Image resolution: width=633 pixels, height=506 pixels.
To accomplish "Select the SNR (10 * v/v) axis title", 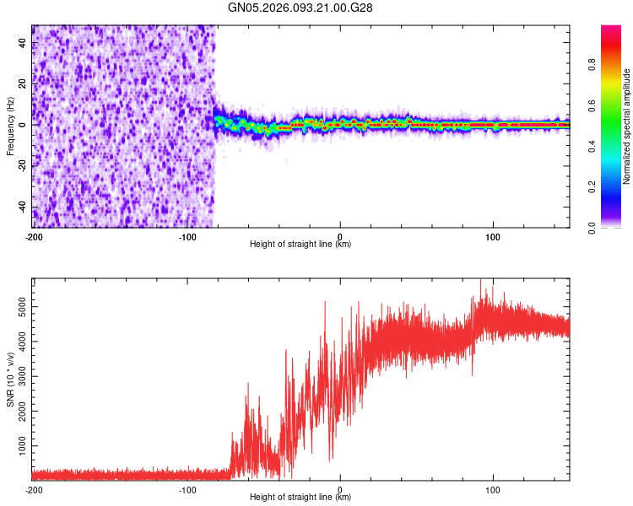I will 10,379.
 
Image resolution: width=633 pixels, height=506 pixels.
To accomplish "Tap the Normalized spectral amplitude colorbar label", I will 627,126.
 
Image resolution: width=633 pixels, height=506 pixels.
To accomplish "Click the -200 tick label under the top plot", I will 34,235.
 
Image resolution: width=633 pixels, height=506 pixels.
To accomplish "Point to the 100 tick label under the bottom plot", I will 493,488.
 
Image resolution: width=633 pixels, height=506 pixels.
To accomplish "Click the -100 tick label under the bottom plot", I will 187,488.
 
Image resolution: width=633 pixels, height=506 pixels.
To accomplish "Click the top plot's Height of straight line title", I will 300,245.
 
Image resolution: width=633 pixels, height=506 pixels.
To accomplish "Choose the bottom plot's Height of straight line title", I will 300,498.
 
